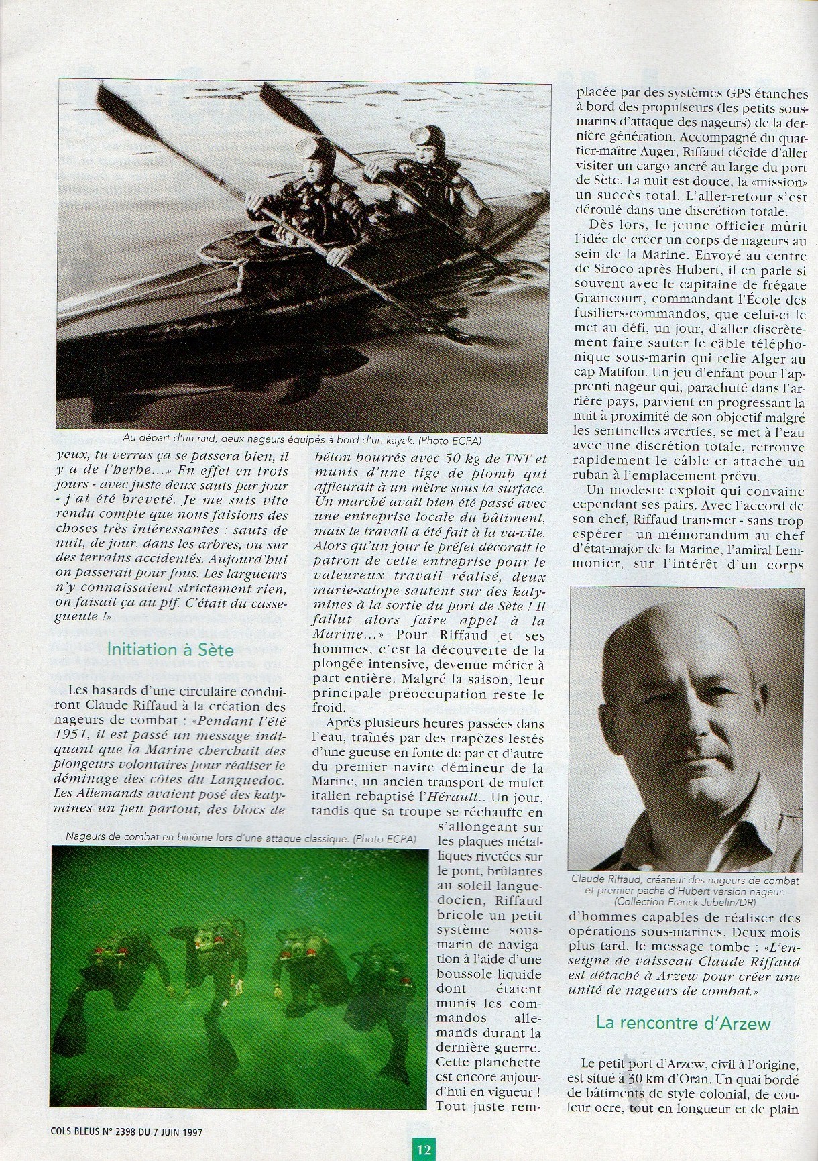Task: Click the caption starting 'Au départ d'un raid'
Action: coord(302,439)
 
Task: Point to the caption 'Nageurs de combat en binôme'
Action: coord(240,839)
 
